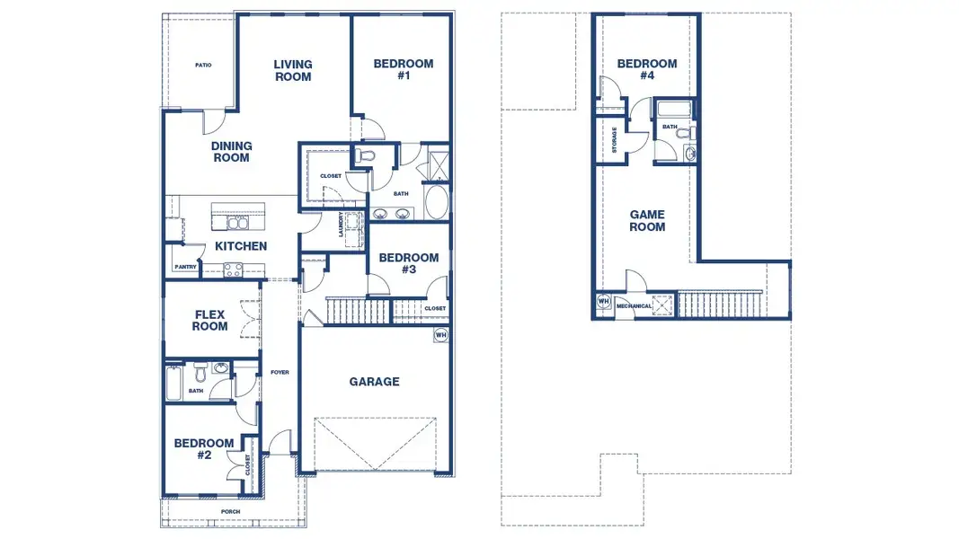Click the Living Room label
(x=293, y=70)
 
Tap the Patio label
(x=203, y=65)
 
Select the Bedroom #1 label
(x=404, y=69)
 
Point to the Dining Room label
(x=231, y=152)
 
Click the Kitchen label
(x=241, y=245)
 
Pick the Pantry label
(x=185, y=267)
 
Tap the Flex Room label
(x=209, y=320)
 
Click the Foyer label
(x=280, y=372)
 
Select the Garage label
(x=374, y=381)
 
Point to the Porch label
(x=231, y=511)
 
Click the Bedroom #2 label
(x=204, y=448)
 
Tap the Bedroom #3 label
(x=409, y=263)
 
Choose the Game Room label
(x=647, y=221)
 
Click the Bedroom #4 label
(x=647, y=69)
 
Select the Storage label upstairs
(x=614, y=140)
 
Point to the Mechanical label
(x=635, y=306)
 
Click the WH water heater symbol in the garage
(x=441, y=335)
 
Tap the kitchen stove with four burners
(x=233, y=269)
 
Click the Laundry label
(x=341, y=225)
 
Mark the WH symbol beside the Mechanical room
(x=604, y=301)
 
